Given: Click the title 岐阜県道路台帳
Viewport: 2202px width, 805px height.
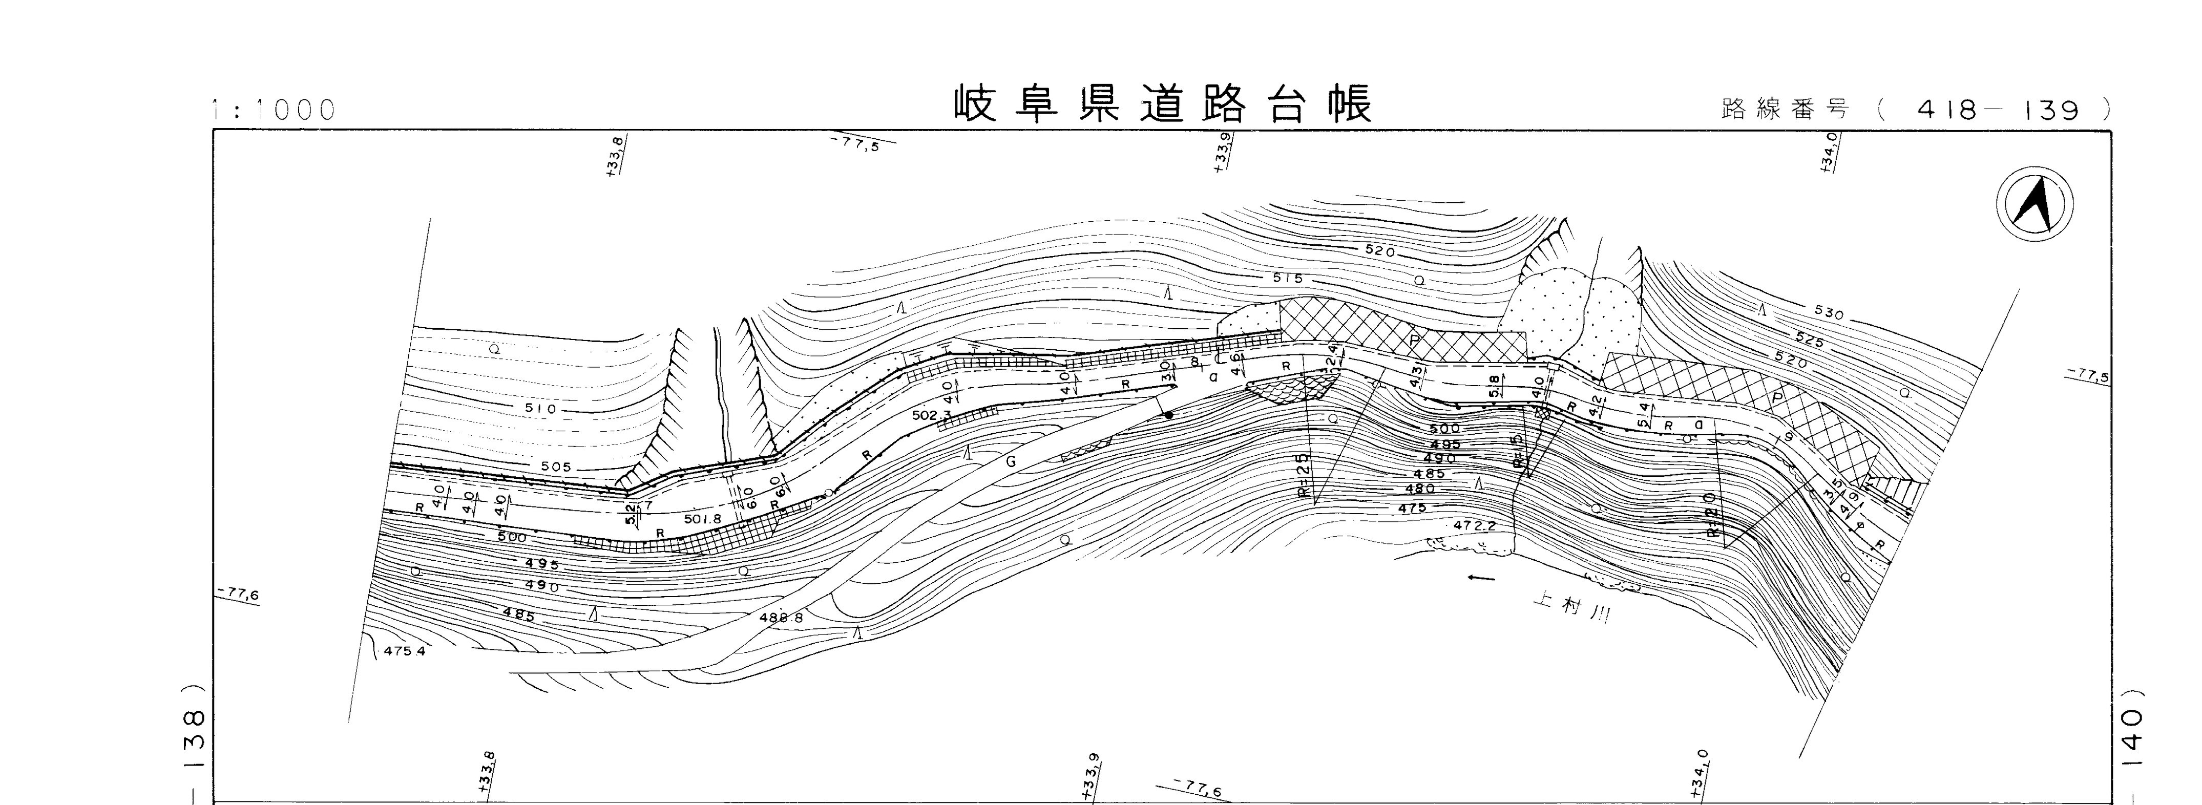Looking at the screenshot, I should tap(1163, 105).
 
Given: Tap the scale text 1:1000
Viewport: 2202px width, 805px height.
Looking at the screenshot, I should tap(274, 110).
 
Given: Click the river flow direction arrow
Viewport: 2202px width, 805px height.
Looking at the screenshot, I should tap(1481, 579).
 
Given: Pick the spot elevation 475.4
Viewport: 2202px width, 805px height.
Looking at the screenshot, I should tap(404, 650).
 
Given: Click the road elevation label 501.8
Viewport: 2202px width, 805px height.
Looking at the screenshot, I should tap(703, 518).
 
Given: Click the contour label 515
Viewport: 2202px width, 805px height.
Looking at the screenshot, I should tap(1287, 278).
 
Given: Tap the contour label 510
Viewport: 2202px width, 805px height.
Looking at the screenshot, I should tap(541, 409).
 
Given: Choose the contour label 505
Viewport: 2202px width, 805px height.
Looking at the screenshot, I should tap(556, 468).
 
